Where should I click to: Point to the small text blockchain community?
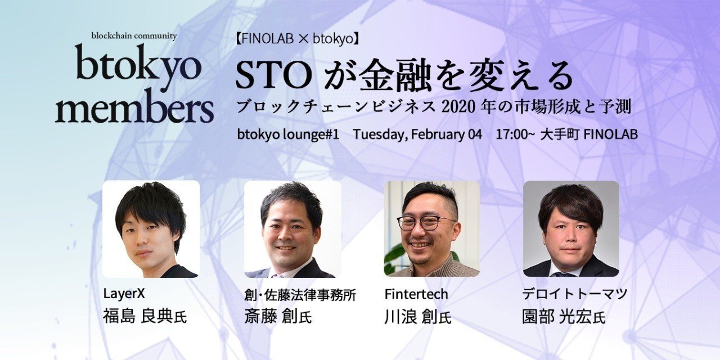pyautogui.click(x=134, y=36)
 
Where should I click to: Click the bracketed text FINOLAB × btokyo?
pyautogui.click(x=298, y=39)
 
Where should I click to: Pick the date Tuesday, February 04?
pyautogui.click(x=417, y=135)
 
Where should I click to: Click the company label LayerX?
pyautogui.click(x=120, y=294)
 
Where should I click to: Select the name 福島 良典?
pyautogui.click(x=138, y=316)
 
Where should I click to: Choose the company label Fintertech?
pyautogui.click(x=416, y=294)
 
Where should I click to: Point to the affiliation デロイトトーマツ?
pyautogui.click(x=574, y=294)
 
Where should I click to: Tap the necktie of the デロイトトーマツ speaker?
pyautogui.click(x=564, y=273)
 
